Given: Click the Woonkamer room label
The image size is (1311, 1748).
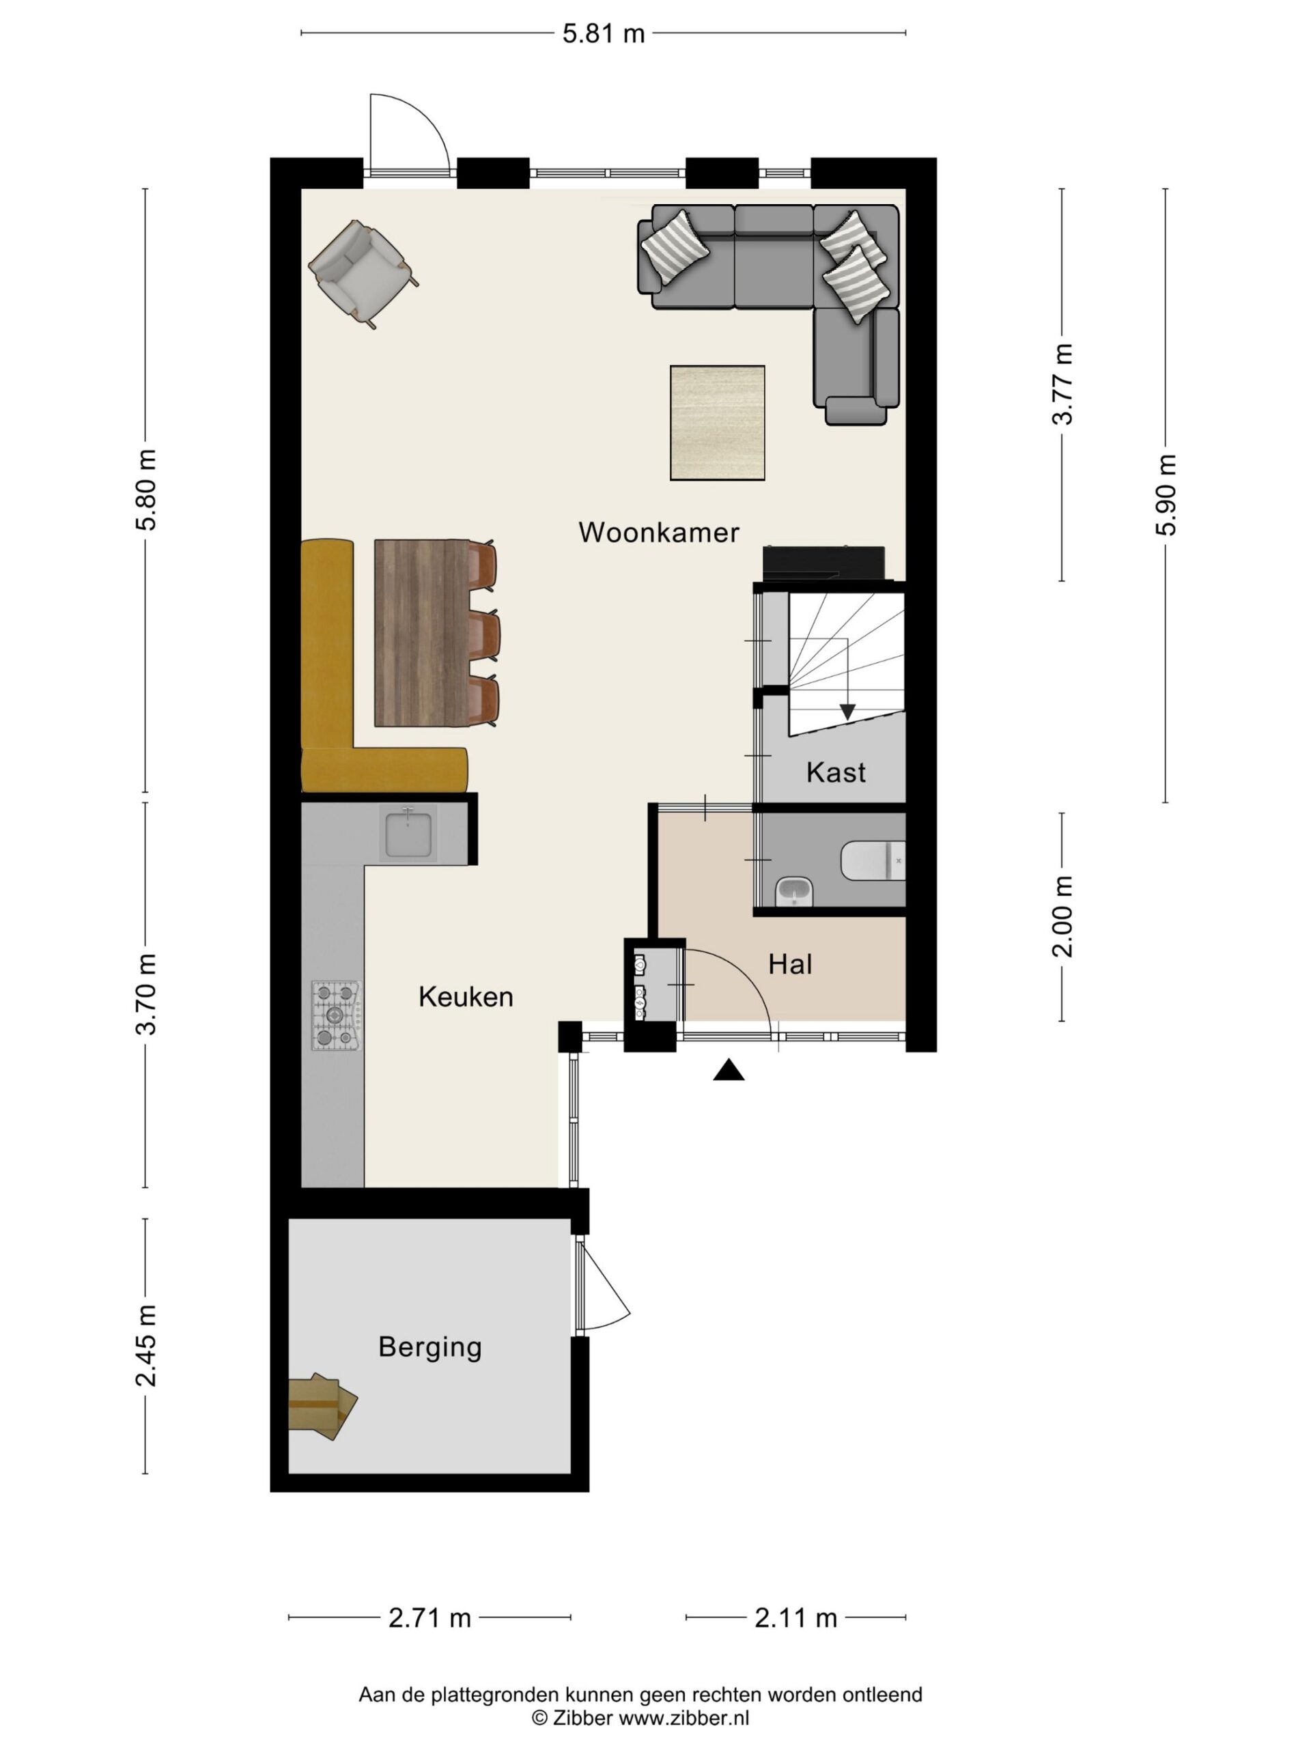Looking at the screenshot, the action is (x=658, y=532).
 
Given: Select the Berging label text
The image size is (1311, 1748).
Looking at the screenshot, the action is (x=430, y=1347).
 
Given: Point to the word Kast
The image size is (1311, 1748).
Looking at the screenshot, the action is (x=835, y=772).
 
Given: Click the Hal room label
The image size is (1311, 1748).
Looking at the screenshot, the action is (x=790, y=964).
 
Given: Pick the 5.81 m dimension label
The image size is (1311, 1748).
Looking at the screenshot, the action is (x=603, y=34).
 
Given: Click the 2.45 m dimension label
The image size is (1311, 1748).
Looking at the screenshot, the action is (x=146, y=1346).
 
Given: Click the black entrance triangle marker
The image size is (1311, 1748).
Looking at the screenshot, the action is (x=729, y=1070).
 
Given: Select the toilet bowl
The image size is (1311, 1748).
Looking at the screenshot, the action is (x=873, y=860).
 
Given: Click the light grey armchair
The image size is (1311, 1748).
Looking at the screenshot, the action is (x=363, y=272).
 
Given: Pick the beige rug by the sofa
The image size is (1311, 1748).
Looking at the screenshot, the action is (x=717, y=423).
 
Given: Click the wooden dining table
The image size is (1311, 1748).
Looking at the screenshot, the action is (x=422, y=632).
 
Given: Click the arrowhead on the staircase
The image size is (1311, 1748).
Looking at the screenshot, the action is (x=847, y=711).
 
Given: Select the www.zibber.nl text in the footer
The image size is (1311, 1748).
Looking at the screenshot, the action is (x=683, y=1717).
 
